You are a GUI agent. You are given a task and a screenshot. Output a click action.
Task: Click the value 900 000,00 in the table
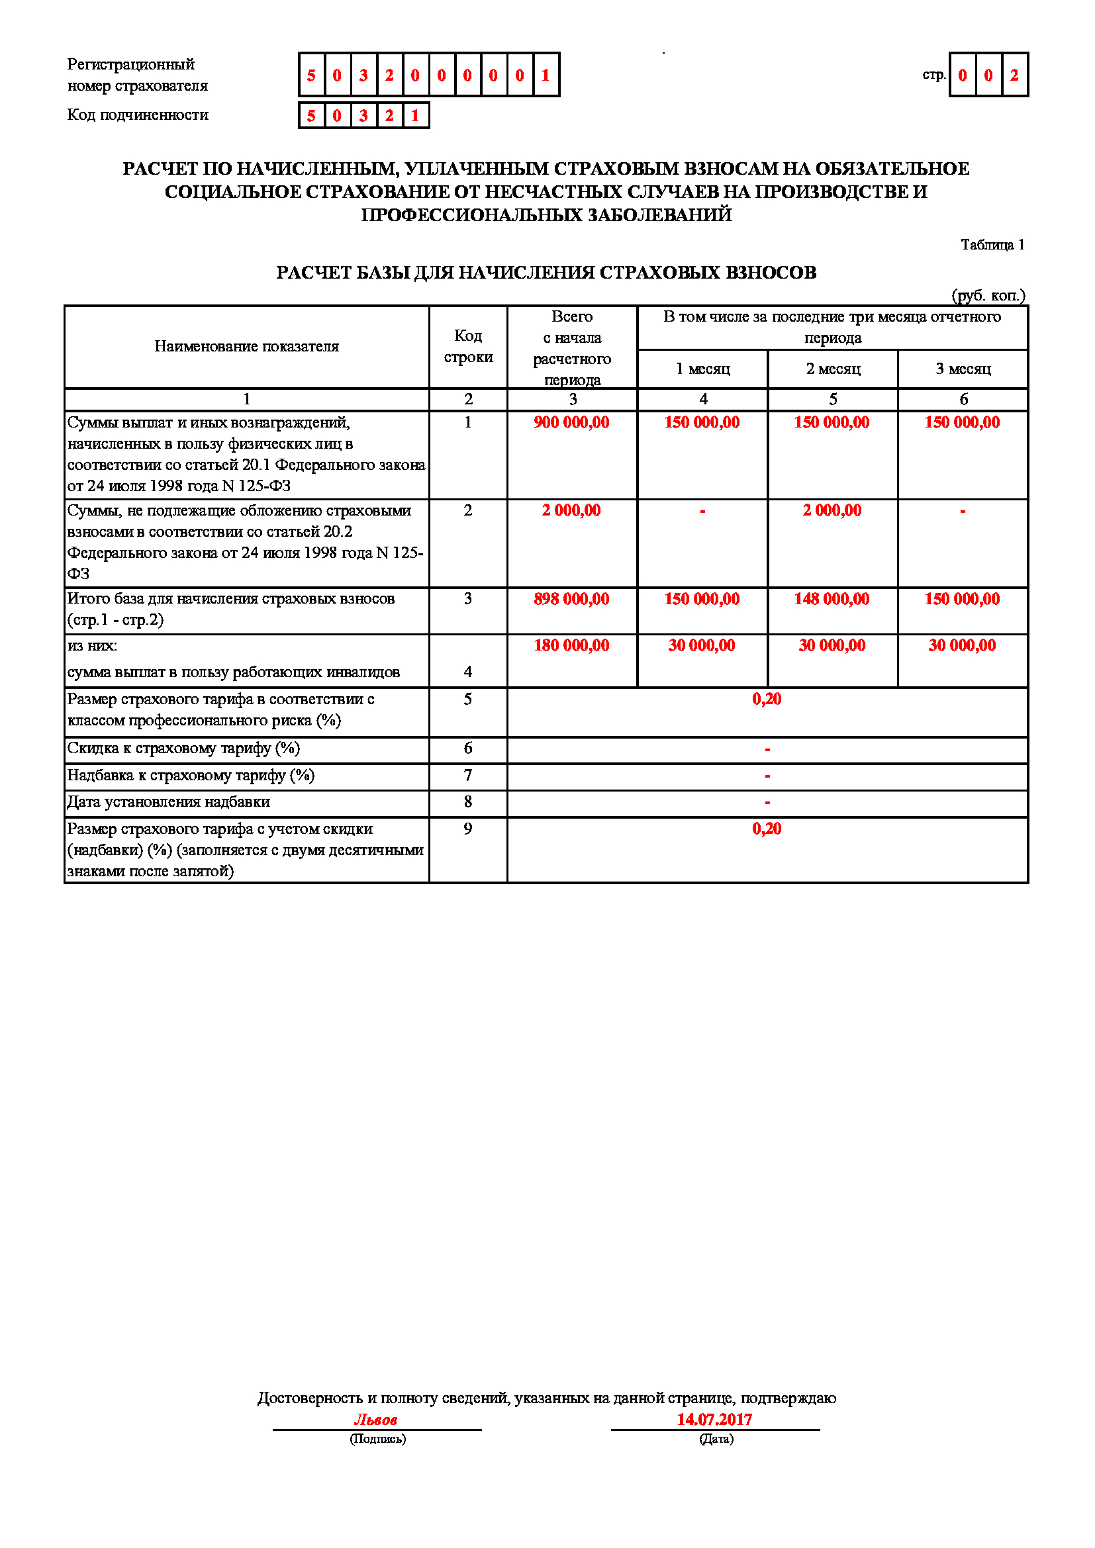pos(571,423)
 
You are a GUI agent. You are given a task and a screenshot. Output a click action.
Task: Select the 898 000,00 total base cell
pos(571,600)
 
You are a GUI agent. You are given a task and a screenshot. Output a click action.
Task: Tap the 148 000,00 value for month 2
pos(832,600)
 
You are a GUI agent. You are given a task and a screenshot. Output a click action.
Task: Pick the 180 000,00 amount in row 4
pos(571,646)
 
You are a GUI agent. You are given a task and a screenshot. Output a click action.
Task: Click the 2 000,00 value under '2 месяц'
pos(832,511)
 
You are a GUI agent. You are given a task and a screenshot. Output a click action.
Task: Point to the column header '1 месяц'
pos(702,369)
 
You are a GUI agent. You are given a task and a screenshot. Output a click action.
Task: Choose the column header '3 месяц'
pos(963,369)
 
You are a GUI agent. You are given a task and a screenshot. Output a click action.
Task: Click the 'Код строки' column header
pos(468,347)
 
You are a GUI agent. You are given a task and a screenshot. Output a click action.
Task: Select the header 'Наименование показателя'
pos(246,347)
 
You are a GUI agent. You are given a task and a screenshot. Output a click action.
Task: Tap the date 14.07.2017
pos(714,1419)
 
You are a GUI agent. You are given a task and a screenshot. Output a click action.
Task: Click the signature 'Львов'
pos(375,1420)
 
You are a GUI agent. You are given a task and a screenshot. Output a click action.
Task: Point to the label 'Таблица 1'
pos(992,245)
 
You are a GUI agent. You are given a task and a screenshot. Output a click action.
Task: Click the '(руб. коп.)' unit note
pos(988,295)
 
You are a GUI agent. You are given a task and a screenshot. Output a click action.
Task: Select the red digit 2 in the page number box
pos(1014,75)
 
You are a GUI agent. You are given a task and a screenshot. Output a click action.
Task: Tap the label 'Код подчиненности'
pos(138,115)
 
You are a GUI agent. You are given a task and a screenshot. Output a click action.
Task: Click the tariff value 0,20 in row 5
pos(767,699)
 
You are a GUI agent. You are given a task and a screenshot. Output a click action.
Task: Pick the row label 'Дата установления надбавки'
pos(169,802)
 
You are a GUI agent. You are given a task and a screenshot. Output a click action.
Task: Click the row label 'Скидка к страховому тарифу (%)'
pos(183,749)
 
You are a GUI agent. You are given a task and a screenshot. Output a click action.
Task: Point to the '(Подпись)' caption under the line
pos(377,1439)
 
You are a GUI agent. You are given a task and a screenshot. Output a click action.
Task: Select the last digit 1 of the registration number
pos(546,75)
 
